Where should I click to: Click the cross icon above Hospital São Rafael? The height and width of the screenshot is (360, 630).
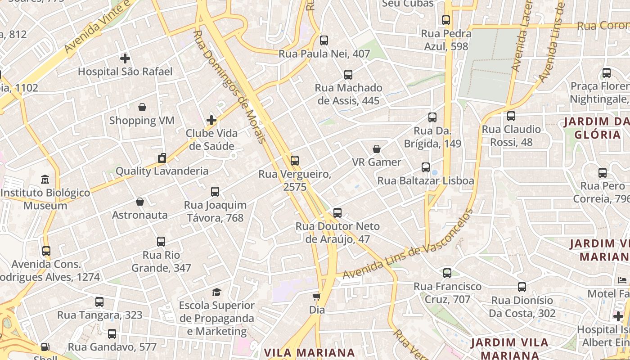click(x=125, y=58)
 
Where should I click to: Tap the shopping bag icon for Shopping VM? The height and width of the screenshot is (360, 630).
click(x=142, y=107)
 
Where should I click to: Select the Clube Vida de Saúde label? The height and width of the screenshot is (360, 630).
click(x=211, y=139)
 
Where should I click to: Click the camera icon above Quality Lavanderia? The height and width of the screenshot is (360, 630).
click(x=162, y=158)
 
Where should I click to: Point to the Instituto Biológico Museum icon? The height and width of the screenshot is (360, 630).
click(x=45, y=180)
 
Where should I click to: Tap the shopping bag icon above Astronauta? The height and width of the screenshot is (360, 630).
click(x=140, y=202)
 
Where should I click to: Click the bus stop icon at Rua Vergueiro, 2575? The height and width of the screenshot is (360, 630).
click(x=295, y=161)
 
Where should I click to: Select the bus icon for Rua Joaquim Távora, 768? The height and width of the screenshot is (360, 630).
click(x=215, y=192)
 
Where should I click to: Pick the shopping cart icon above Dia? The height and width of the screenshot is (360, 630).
click(x=317, y=297)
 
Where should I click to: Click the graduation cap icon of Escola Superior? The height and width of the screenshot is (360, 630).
click(x=217, y=292)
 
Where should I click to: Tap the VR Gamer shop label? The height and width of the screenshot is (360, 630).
click(x=377, y=162)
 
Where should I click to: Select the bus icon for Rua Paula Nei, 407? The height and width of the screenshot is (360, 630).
click(x=324, y=40)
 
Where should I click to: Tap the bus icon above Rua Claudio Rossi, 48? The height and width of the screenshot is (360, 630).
click(x=511, y=116)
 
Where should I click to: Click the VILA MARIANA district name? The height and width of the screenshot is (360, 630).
click(x=310, y=352)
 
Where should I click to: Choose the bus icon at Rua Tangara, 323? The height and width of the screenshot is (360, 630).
click(x=99, y=302)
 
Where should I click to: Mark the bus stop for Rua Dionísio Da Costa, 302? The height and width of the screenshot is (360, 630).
click(x=522, y=287)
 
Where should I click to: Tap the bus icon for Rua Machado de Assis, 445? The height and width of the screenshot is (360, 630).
click(x=348, y=75)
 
